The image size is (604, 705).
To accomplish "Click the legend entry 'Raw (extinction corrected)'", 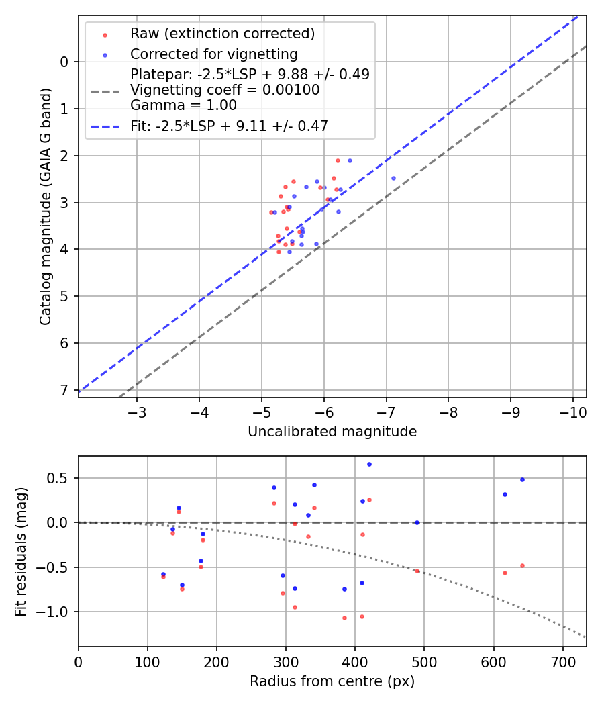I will [x=222, y=34].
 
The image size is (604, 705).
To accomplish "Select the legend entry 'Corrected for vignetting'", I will [x=213, y=54].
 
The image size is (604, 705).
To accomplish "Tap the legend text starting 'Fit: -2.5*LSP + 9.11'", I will [x=229, y=125].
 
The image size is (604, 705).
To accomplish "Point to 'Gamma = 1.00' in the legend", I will [x=183, y=105].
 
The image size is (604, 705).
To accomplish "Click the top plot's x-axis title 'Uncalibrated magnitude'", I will [x=332, y=432].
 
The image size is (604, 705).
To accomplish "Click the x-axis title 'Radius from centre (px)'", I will [x=332, y=681].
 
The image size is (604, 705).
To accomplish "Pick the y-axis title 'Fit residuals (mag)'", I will [x=21, y=551].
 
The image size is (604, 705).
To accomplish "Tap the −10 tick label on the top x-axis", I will [x=572, y=412].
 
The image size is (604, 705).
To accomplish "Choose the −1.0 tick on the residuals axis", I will [x=56, y=612].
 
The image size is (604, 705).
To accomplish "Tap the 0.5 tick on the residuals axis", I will [x=60, y=479].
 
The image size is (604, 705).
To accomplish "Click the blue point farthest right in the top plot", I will [x=393, y=178].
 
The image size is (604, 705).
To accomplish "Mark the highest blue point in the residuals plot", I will [x=369, y=464].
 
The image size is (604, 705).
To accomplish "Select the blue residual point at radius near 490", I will [x=417, y=522].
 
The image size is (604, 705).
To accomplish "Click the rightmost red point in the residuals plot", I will [x=522, y=565].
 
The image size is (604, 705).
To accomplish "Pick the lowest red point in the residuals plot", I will [x=344, y=618].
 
